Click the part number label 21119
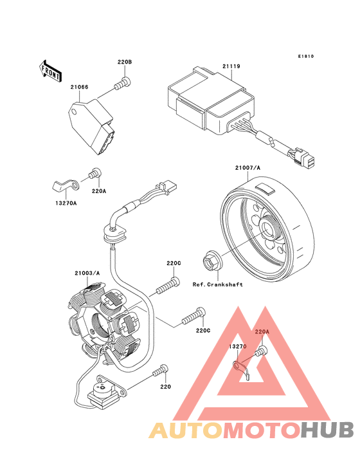pyautogui.click(x=231, y=66)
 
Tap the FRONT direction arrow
pyautogui.click(x=50, y=71)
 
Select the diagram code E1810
pyautogui.click(x=306, y=56)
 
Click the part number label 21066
pyautogui.click(x=79, y=87)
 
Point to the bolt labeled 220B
pyautogui.click(x=122, y=83)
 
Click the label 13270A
pyautogui.click(x=66, y=203)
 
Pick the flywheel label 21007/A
pyautogui.click(x=248, y=168)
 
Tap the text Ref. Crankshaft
pyautogui.click(x=217, y=284)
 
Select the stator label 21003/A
pyautogui.click(x=87, y=273)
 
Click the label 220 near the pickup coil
pyautogui.click(x=165, y=387)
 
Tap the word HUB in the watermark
pyautogui.click(x=327, y=430)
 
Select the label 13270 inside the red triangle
pyautogui.click(x=238, y=346)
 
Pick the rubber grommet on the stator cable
pyautogui.click(x=114, y=234)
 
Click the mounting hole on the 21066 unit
pyautogui.click(x=74, y=113)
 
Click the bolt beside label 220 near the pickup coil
pyautogui.click(x=161, y=371)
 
